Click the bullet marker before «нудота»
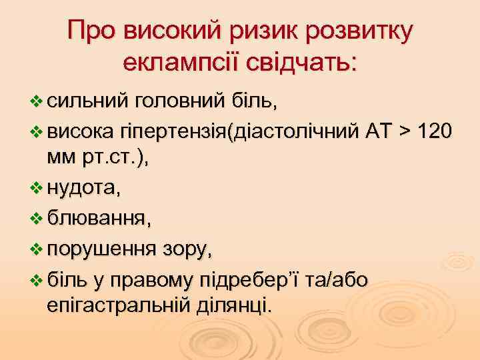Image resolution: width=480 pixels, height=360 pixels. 37,189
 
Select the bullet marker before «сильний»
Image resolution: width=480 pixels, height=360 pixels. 37,101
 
